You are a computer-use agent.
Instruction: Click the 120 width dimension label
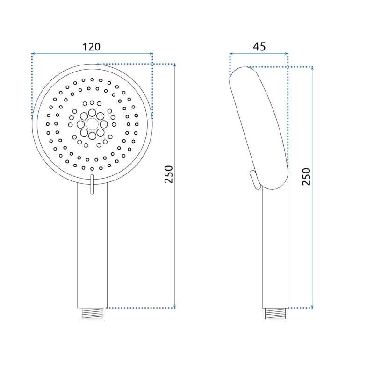(92, 47)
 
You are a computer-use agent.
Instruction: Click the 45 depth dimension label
(259, 47)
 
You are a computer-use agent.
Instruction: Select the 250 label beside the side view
(306, 177)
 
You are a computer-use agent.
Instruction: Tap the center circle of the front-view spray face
(92, 124)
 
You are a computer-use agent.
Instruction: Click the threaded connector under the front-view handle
(92, 313)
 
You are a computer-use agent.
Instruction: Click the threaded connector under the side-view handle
(275, 313)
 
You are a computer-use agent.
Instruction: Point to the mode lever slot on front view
(92, 184)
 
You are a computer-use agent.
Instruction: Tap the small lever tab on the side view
(254, 180)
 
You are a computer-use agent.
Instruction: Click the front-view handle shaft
(92, 248)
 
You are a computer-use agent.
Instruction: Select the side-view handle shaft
(275, 248)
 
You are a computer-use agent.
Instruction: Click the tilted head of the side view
(259, 126)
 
